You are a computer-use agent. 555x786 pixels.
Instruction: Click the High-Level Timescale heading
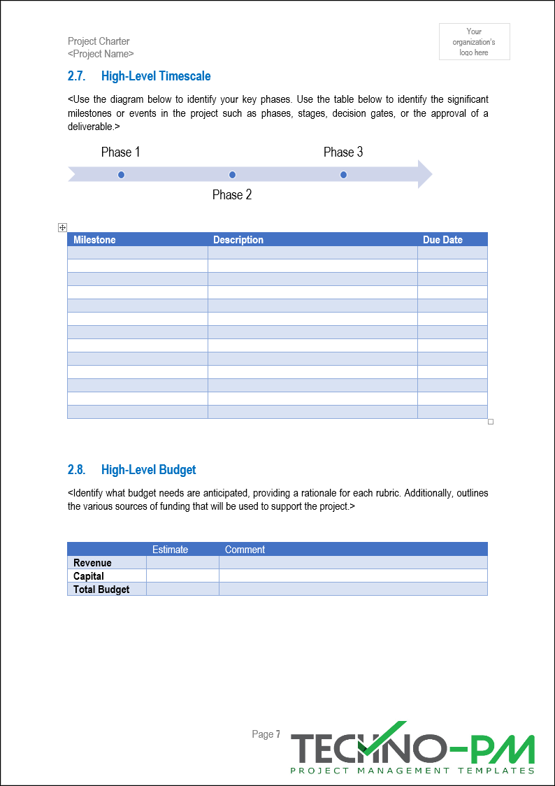coord(155,76)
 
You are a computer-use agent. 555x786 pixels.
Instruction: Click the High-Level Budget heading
coord(148,470)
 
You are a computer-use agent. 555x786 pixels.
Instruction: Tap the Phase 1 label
coord(121,152)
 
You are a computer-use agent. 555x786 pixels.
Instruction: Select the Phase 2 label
coord(232,195)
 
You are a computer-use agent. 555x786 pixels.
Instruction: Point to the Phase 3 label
coord(343,152)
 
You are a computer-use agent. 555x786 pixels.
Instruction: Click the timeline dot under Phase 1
coord(122,175)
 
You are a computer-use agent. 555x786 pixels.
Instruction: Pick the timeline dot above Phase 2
coord(233,175)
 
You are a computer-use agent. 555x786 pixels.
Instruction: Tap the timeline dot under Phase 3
coord(343,175)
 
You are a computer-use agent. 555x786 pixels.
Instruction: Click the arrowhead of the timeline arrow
coord(424,174)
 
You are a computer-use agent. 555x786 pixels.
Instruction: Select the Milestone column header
coord(94,240)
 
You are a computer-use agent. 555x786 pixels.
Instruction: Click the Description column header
coord(238,240)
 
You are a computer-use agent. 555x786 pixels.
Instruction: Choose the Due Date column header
coord(442,240)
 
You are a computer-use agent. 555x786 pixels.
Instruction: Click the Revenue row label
coord(92,563)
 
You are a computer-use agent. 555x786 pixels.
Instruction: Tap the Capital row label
coord(89,576)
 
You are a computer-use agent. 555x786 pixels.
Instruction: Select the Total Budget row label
coord(101,589)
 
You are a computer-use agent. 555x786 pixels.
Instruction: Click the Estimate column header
coord(170,550)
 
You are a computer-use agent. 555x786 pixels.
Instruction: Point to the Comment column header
coord(245,550)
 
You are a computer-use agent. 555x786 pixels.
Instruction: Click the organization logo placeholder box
coord(474,42)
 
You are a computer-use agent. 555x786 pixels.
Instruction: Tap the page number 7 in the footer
coord(277,734)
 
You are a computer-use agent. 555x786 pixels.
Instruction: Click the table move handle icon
coord(62,227)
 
